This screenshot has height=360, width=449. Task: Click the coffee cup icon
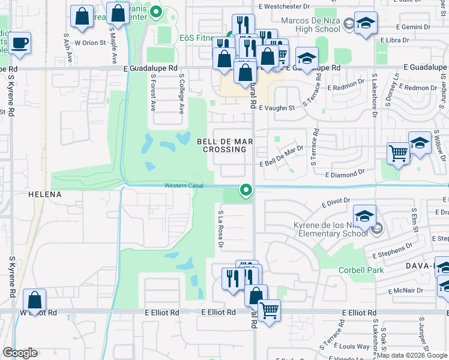point(19,43)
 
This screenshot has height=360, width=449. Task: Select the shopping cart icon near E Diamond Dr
point(398,153)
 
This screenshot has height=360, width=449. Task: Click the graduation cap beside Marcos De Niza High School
point(364,23)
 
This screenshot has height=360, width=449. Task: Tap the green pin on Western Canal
point(246,190)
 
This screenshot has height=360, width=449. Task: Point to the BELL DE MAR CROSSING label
point(221,145)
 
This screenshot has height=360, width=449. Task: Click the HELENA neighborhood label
point(45,195)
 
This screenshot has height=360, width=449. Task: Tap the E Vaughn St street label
point(277,109)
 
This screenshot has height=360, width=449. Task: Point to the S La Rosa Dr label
point(220,229)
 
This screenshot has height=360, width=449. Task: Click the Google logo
point(20,353)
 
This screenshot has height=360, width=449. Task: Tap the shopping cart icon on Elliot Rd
point(270,310)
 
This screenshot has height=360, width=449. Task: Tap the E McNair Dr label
point(406,290)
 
